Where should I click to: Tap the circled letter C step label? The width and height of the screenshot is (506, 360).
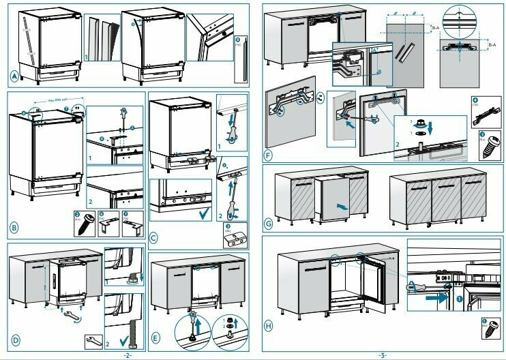(x=154, y=237)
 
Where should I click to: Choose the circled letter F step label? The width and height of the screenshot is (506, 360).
(x=268, y=155)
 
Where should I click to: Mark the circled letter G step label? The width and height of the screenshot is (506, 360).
(x=268, y=223)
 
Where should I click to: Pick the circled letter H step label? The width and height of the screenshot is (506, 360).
(x=268, y=326)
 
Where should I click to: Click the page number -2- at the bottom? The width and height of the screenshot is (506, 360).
(x=126, y=355)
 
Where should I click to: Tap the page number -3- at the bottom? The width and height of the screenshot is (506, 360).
(x=383, y=355)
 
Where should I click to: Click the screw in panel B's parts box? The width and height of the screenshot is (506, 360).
(x=93, y=223)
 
